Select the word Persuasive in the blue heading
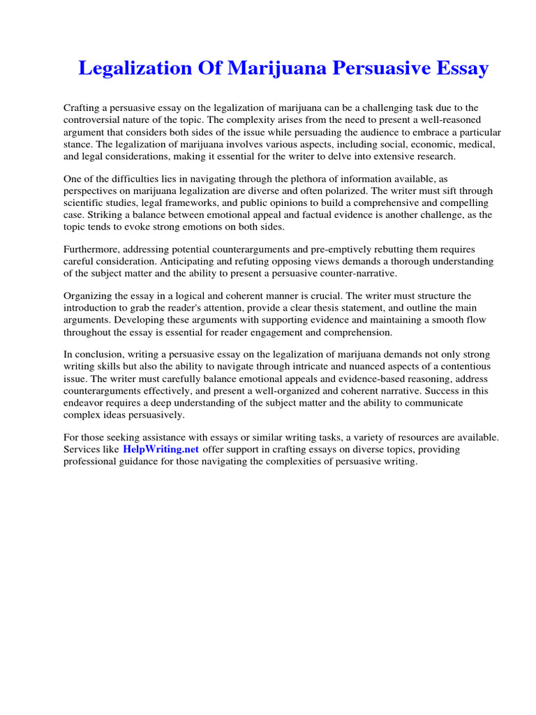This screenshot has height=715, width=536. (x=370, y=69)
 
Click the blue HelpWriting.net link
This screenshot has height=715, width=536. (x=161, y=450)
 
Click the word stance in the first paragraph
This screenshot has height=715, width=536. (x=78, y=145)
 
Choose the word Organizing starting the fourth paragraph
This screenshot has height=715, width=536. (x=89, y=295)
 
